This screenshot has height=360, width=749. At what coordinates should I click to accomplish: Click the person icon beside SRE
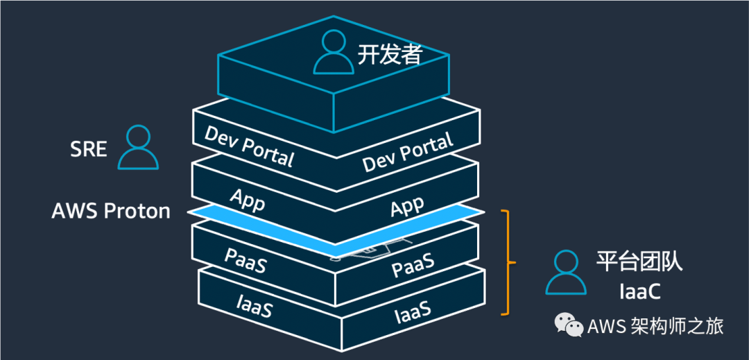(x=138, y=148)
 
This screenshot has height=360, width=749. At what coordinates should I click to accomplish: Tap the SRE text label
(x=89, y=148)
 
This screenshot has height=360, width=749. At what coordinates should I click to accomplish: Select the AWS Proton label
(x=111, y=211)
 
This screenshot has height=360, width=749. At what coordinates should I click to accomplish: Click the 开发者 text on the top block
(x=390, y=55)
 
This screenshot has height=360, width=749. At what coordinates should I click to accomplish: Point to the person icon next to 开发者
(x=334, y=53)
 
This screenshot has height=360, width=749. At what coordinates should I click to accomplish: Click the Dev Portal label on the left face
(x=249, y=146)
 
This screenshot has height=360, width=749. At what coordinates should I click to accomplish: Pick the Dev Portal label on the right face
(x=408, y=153)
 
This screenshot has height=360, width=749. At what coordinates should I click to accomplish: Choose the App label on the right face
(x=408, y=206)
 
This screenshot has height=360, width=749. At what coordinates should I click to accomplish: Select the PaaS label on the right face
(x=413, y=265)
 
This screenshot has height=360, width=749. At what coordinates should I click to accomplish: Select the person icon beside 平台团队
(x=566, y=273)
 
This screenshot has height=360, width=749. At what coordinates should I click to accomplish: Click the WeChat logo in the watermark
(x=568, y=325)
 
